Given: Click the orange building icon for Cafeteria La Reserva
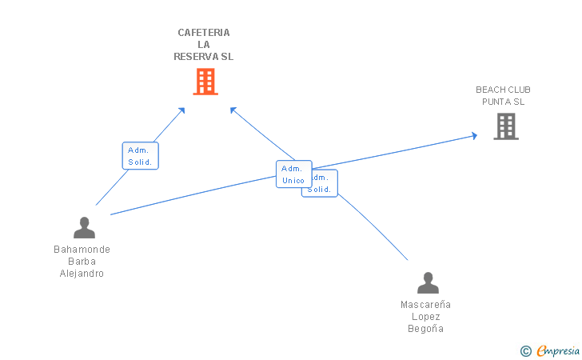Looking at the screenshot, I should point(205,82).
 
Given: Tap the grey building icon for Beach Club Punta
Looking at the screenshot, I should point(505,126).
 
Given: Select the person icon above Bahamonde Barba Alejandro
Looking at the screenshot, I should point(84,228).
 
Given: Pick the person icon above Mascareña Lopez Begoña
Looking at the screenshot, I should point(428,283).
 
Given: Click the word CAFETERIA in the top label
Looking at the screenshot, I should point(204,33).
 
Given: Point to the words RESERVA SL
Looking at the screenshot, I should point(204,57).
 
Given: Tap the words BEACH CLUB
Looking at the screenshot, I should point(503,90).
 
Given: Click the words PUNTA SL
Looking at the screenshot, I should point(503,102).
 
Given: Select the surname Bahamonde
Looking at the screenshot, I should point(82,250).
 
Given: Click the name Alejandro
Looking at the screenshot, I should point(82,274).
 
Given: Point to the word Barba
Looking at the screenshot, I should point(82,262).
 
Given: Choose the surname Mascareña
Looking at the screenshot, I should point(425,305).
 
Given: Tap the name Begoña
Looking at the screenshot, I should point(425,329).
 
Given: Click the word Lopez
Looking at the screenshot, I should point(425,317).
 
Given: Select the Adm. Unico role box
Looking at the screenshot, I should point(293,174).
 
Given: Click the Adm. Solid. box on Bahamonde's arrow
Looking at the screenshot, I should point(141,156).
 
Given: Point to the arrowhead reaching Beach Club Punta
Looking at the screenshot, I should point(474,136).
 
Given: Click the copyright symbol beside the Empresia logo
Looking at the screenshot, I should point(525,350).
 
